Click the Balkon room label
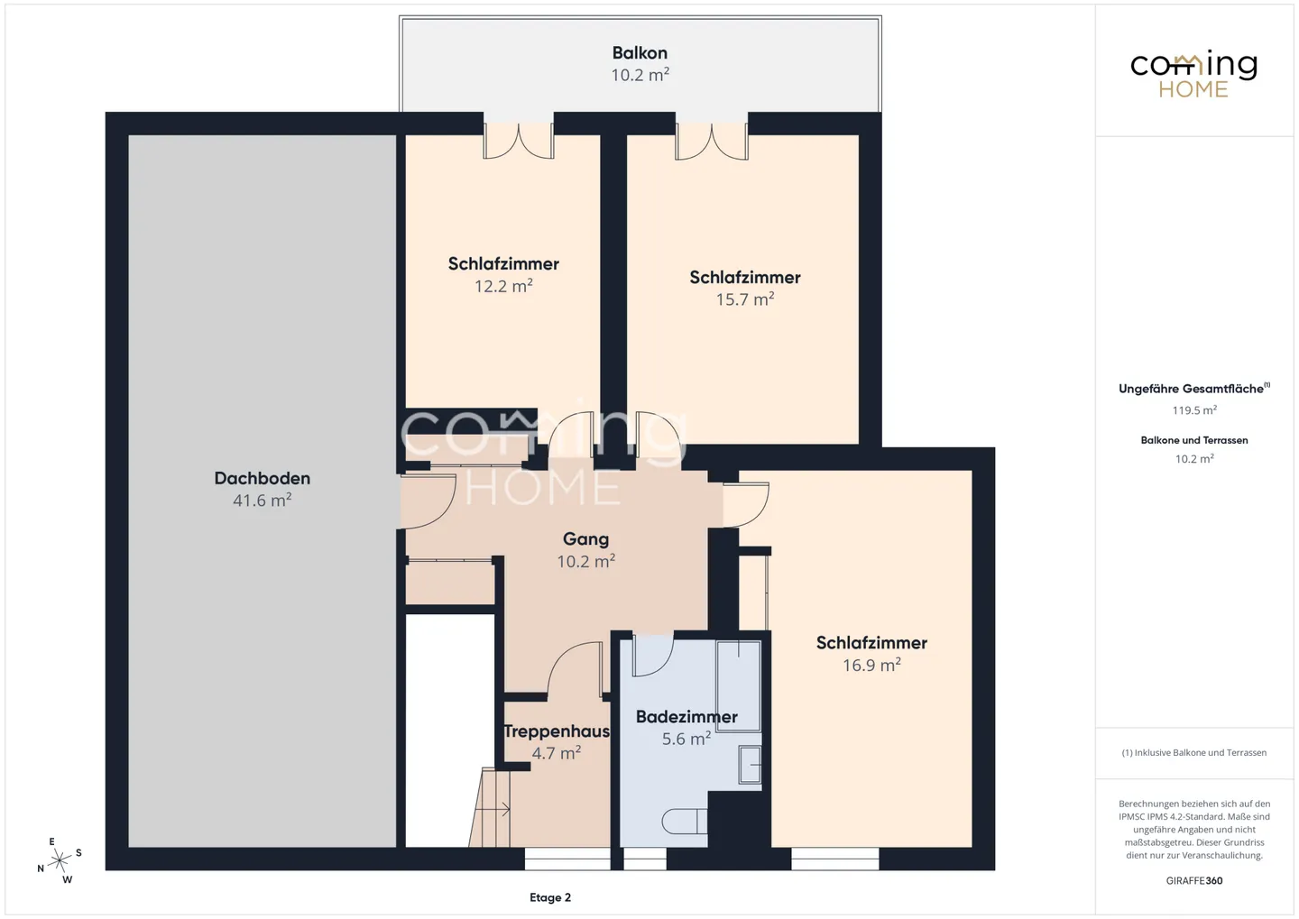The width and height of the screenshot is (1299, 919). tap(640, 53)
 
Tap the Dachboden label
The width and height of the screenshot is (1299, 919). tap(263, 478)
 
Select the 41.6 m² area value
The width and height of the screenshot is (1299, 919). tap(263, 500)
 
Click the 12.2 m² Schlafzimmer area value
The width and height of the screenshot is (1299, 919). tap(503, 286)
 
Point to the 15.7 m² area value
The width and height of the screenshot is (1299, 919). tap(744, 299)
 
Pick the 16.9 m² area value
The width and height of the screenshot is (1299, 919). tap(871, 665)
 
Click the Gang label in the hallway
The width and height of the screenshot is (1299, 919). tap(585, 539)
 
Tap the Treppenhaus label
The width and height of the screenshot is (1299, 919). tap(556, 731)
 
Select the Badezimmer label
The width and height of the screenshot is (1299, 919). tap(686, 717)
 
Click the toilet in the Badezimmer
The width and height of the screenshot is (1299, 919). tap(685, 821)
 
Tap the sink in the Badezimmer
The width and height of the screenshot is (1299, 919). tap(750, 765)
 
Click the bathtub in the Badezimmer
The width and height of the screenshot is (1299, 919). tap(738, 685)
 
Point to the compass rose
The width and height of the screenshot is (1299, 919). tap(60, 860)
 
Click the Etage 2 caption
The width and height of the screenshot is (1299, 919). tap(549, 897)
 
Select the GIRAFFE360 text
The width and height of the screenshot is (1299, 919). tap(1194, 881)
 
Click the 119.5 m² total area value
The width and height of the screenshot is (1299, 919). tap(1194, 410)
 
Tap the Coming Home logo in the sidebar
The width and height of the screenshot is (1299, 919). tap(1194, 75)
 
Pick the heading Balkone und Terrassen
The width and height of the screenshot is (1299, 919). tap(1194, 440)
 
